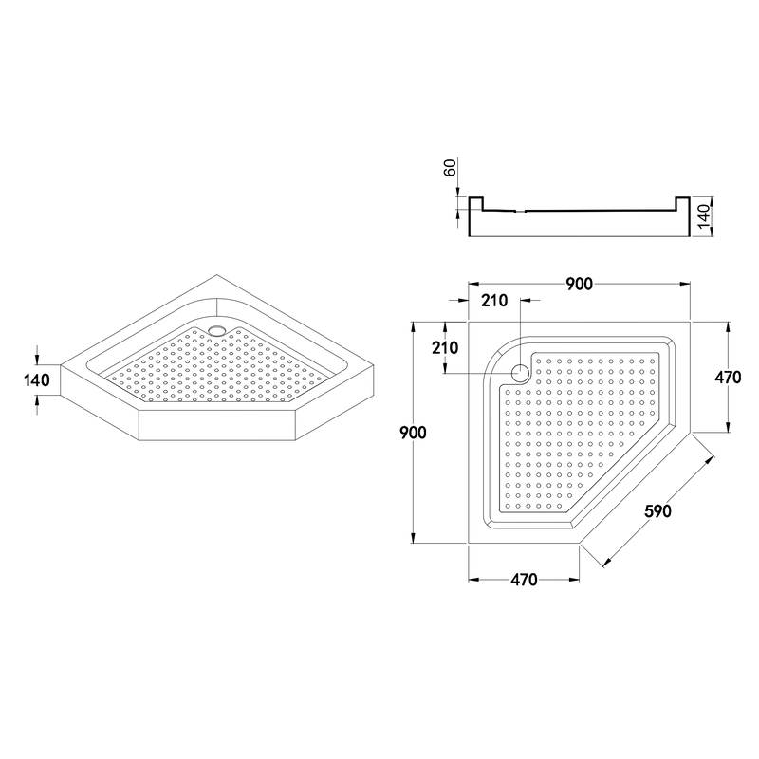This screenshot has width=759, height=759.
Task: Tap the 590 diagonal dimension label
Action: pyautogui.click(x=657, y=511)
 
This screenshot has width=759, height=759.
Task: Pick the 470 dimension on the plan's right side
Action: pyautogui.click(x=727, y=377)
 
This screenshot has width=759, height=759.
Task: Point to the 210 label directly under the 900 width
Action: pyautogui.click(x=494, y=302)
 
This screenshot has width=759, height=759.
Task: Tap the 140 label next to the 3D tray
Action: pyautogui.click(x=35, y=382)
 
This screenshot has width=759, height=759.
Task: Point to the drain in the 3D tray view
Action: pyautogui.click(x=217, y=330)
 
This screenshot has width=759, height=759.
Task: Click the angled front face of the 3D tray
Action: pyautogui.click(x=218, y=428)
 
